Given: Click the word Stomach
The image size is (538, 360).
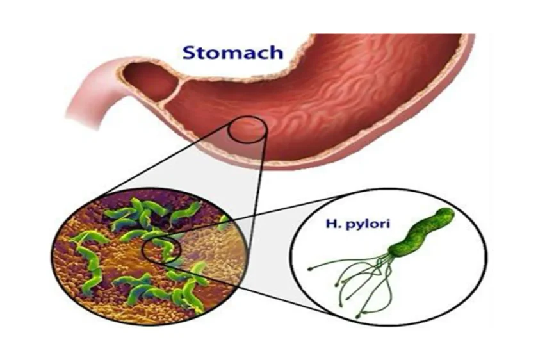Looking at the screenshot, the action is coord(233,53).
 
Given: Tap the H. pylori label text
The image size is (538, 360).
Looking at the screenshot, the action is coord(358,224).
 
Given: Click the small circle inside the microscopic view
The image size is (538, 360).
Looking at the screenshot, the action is coord(161,250).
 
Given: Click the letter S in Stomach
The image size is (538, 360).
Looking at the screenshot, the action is coord(190,53).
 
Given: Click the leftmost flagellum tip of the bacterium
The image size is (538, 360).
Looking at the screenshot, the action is coord(309,268).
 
